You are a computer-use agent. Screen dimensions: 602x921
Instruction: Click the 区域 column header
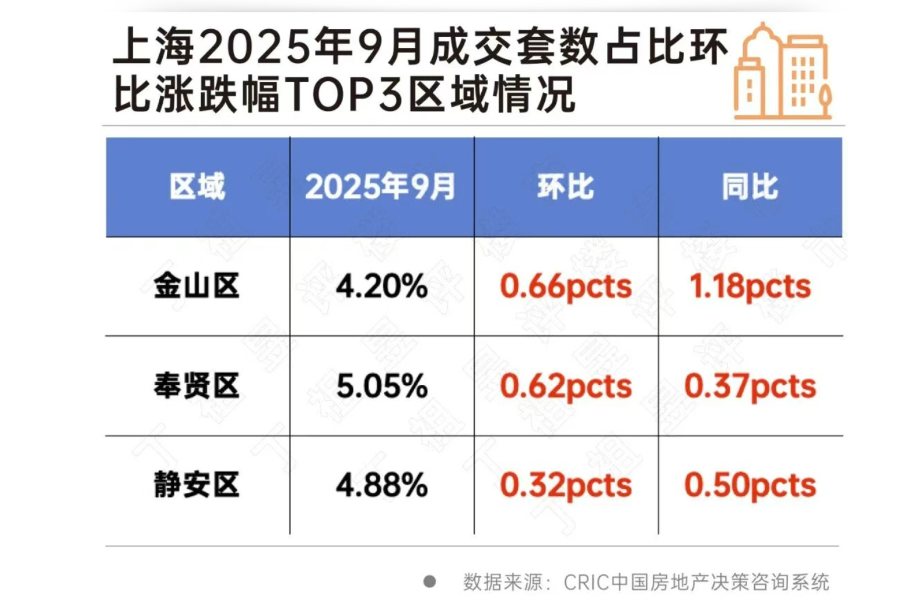tap(197, 187)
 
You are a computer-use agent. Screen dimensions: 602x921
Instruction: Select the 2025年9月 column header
tap(380, 187)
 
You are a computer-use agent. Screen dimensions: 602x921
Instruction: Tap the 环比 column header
tap(565, 187)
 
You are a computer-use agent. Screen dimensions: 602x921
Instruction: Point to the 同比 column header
tap(750, 187)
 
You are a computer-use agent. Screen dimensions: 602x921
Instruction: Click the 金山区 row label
tap(197, 287)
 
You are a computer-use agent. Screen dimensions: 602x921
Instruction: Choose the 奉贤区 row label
tap(197, 386)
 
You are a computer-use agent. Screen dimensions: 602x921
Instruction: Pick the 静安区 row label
tap(197, 485)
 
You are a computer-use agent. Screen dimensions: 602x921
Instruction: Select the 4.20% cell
tap(382, 287)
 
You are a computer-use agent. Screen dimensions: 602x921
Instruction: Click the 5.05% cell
tap(382, 386)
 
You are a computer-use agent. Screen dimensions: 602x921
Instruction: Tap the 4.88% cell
tap(382, 485)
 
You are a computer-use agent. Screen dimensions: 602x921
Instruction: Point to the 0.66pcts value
tap(566, 287)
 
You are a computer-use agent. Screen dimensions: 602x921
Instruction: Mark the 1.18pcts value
tap(750, 287)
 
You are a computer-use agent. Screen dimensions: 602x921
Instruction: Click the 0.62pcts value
tap(566, 386)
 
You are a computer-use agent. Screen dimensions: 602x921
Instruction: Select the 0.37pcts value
tap(750, 386)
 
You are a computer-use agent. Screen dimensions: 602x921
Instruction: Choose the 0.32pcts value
tap(566, 485)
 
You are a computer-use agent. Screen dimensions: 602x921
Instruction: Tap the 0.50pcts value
tap(750, 485)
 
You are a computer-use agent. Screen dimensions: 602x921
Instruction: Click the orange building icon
tap(782, 71)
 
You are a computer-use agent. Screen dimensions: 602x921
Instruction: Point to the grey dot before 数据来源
tap(430, 582)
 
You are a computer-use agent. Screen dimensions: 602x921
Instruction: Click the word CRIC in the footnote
tap(587, 582)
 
